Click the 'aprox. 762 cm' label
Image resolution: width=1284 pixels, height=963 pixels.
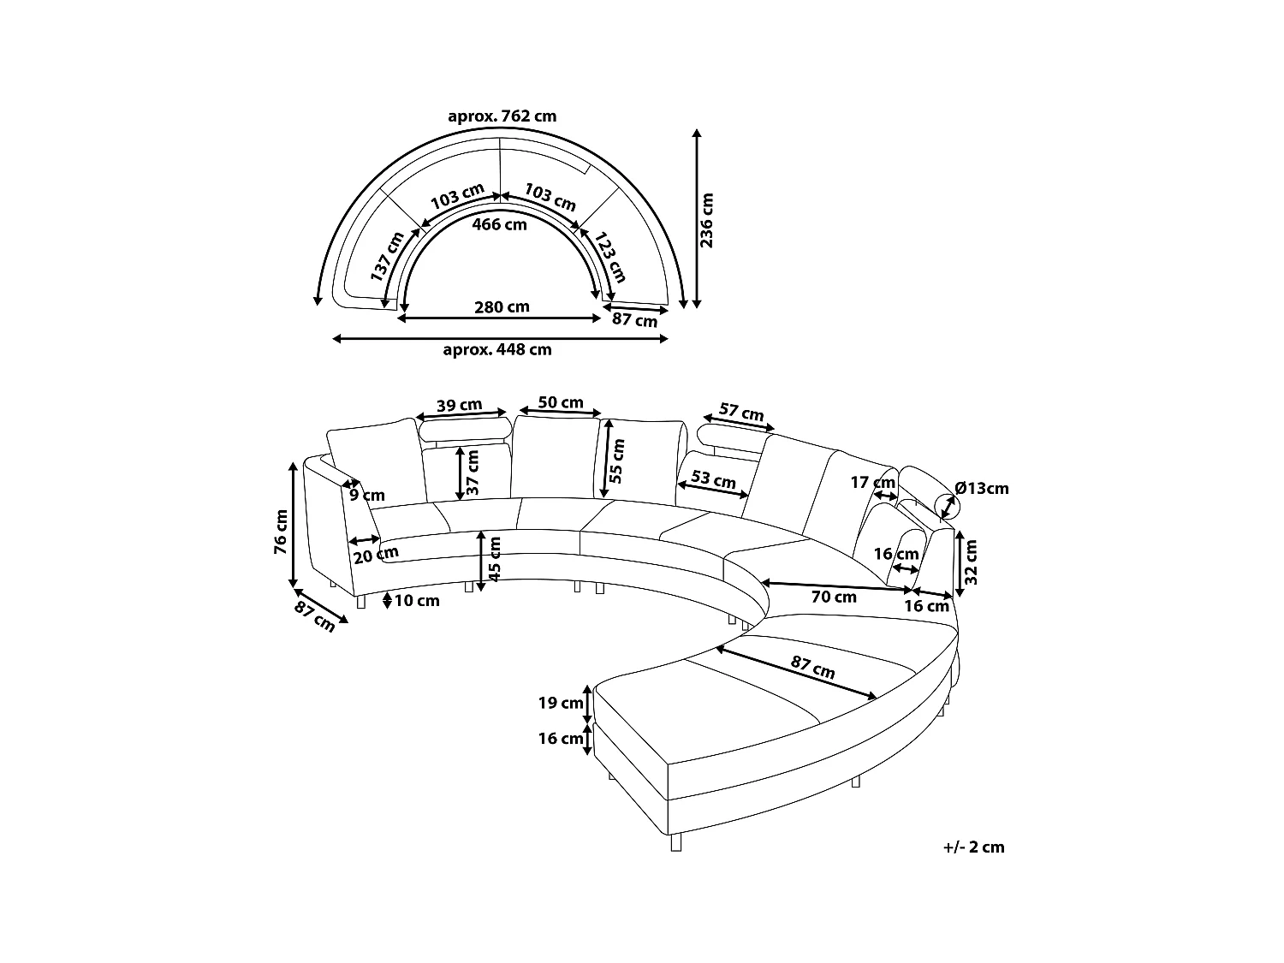(502, 116)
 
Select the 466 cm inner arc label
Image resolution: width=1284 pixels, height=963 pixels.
(500, 224)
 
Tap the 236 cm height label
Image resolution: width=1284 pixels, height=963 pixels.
(707, 219)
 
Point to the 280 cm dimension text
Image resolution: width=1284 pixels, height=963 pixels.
(502, 306)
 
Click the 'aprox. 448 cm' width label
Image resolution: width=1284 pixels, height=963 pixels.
(496, 349)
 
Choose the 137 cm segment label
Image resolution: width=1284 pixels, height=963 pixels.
(387, 257)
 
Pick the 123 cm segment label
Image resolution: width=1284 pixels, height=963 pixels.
(612, 257)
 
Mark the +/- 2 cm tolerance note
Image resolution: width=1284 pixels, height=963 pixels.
(973, 847)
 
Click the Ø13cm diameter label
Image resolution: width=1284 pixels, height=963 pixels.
(981, 489)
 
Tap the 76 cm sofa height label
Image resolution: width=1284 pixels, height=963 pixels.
(281, 532)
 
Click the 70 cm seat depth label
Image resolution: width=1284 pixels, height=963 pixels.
(833, 597)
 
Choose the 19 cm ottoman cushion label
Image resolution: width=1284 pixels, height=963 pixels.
(561, 703)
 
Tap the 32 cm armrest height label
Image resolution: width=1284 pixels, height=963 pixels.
(970, 562)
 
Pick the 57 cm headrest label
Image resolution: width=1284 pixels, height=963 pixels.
(740, 413)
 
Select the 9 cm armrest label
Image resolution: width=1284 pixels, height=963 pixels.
(367, 495)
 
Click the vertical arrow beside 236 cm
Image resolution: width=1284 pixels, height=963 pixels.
(696, 219)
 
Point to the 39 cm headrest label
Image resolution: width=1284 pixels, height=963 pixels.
(459, 405)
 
